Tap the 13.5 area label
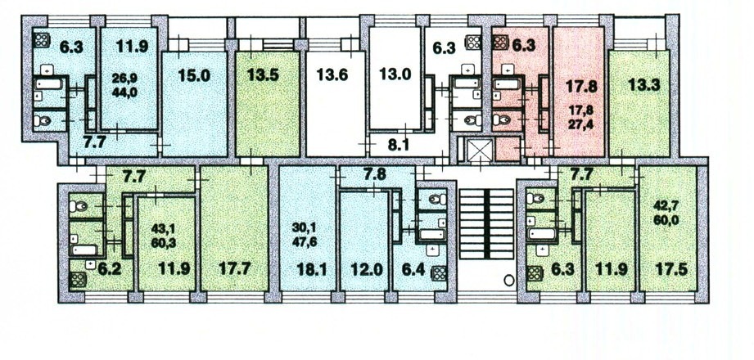264,75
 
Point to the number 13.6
332,75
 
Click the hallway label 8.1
398,145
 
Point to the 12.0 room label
367,269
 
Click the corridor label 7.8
376,175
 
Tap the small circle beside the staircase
508,279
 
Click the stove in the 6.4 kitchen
439,273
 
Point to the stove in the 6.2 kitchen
78,279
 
